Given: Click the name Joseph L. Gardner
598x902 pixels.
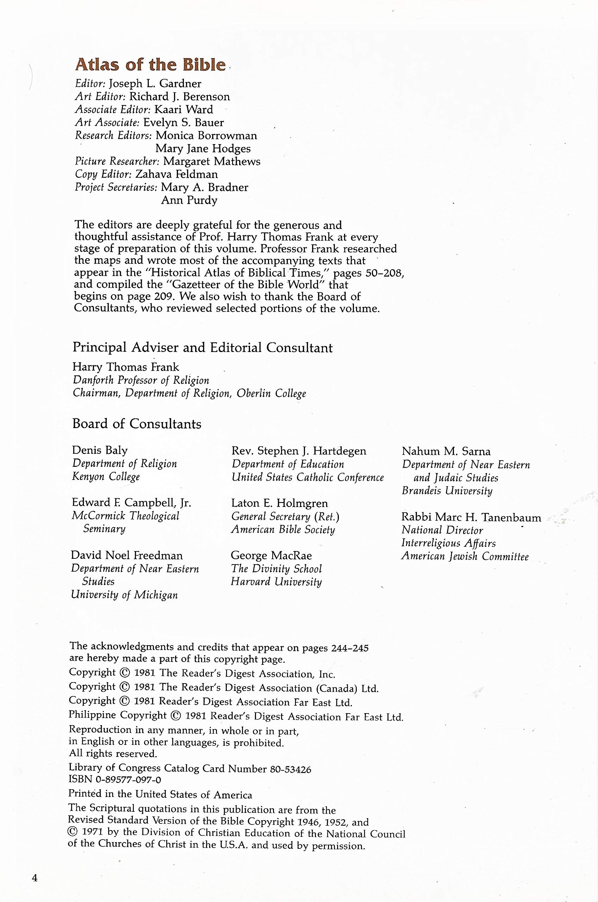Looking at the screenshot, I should (x=155, y=84).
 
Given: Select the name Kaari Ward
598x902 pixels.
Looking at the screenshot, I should (x=183, y=110).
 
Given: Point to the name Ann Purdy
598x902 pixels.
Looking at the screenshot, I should (x=189, y=200).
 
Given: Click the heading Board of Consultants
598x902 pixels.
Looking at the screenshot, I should (x=137, y=424).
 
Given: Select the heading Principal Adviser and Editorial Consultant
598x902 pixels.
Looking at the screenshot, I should (x=203, y=348).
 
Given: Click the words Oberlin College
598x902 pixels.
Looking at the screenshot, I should (x=271, y=393).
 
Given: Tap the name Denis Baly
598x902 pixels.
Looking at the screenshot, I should (x=100, y=451).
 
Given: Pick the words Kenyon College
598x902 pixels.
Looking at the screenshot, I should (x=106, y=477).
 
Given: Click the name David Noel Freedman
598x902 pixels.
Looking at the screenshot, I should (x=127, y=555).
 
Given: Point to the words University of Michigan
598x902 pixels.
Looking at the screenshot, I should (x=124, y=595).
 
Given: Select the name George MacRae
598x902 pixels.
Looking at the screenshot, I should (x=271, y=556).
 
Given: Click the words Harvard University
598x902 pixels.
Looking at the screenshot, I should (x=276, y=582).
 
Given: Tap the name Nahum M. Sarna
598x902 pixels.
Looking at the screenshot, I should (x=446, y=451).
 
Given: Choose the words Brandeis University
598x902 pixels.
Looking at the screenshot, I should (x=447, y=491).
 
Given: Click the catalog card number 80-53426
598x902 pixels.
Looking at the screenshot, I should (x=290, y=770).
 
